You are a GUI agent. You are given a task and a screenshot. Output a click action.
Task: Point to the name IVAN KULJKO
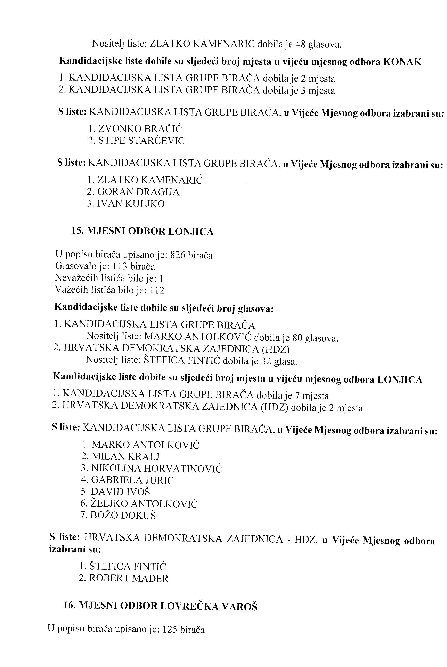click(131, 204)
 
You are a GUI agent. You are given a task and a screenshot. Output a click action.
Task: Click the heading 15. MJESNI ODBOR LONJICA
click(143, 231)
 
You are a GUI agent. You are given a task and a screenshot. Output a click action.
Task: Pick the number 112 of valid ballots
click(157, 290)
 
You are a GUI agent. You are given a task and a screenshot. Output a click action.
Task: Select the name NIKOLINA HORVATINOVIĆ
click(156, 469)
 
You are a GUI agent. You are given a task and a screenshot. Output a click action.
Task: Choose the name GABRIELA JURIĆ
click(132, 480)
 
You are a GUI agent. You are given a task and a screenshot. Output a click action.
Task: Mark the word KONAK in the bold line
click(402, 62)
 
